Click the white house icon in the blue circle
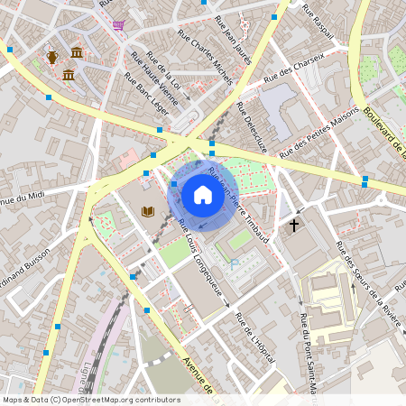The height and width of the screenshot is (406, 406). pyautogui.click(x=203, y=194)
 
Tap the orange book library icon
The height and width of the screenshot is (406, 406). pyautogui.click(x=148, y=211)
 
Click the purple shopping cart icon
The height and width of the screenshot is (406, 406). pyautogui.click(x=118, y=25)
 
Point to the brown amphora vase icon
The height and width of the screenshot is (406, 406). pyautogui.click(x=52, y=57)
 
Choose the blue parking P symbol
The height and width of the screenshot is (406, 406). pyautogui.click(x=234, y=263)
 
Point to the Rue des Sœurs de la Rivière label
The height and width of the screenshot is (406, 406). pyautogui.click(x=368, y=276)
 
